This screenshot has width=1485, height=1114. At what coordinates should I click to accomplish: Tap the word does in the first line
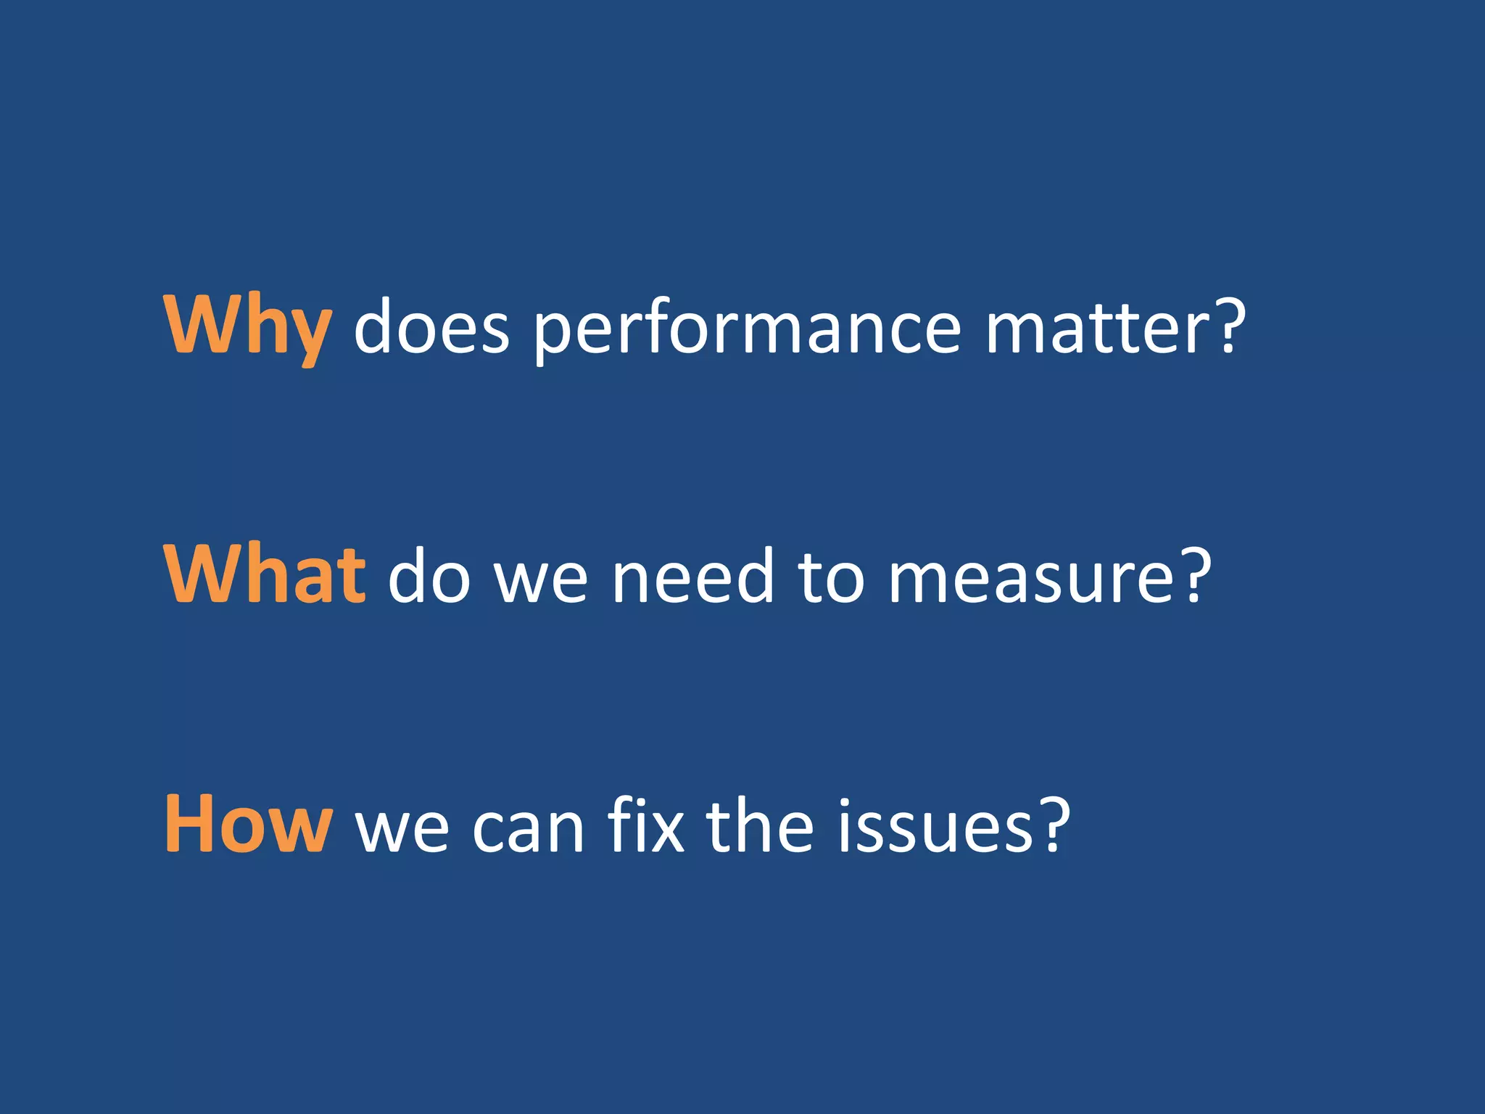coord(432,328)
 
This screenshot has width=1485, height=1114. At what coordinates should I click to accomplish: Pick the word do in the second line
coord(429,576)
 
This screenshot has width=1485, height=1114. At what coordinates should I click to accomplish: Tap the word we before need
coord(541,580)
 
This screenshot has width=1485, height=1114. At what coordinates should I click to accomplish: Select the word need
coord(692,576)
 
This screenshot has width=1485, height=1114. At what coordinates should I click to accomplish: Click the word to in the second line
coord(831,577)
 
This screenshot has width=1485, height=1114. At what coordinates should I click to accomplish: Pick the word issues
coord(935,826)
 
